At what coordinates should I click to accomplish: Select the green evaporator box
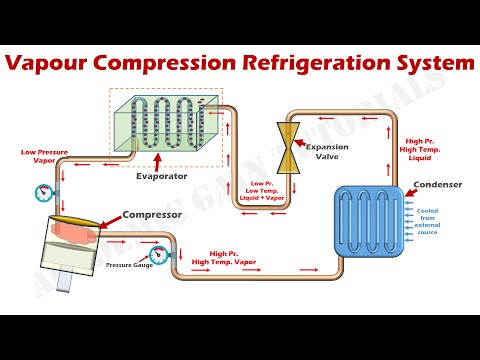click(x=165, y=126)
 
